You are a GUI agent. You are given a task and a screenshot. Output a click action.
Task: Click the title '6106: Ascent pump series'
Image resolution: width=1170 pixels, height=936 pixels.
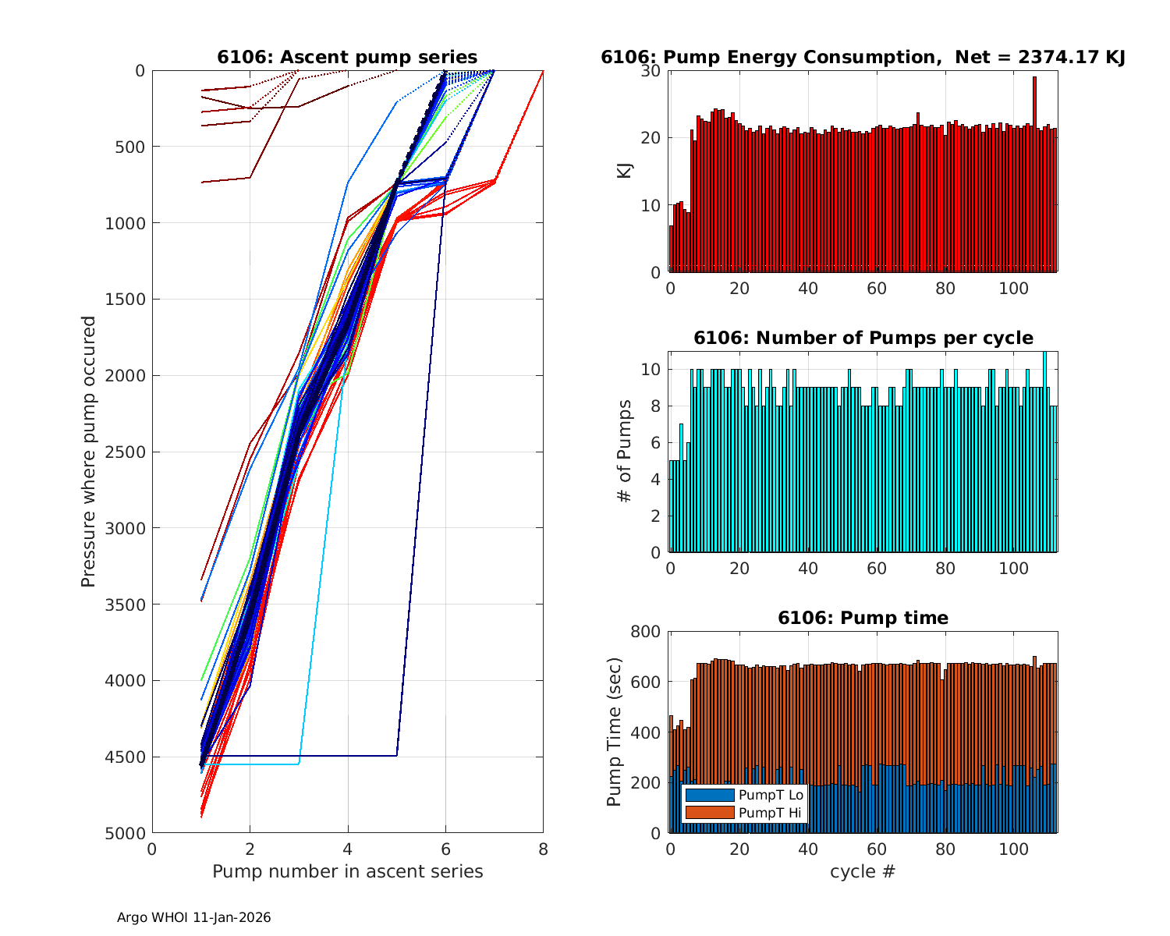tap(347, 57)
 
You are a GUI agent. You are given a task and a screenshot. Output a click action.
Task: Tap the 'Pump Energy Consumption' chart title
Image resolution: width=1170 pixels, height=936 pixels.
tap(863, 57)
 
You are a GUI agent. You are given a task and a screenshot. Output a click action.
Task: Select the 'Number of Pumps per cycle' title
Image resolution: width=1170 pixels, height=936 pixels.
tap(863, 338)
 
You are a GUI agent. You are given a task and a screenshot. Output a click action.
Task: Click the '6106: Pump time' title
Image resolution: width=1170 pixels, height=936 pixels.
tap(863, 618)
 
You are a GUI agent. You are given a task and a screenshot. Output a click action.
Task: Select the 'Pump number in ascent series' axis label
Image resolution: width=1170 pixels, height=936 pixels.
tap(347, 871)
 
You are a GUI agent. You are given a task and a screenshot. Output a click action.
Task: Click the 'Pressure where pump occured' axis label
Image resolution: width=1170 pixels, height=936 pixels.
tap(88, 452)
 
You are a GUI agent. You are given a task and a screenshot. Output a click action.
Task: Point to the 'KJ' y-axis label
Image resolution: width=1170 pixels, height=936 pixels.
tap(625, 171)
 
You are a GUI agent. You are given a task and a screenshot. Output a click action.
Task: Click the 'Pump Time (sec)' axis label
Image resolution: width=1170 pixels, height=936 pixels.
tap(615, 732)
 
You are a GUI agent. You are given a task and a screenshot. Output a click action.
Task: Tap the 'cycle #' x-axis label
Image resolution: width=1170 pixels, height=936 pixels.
tap(863, 871)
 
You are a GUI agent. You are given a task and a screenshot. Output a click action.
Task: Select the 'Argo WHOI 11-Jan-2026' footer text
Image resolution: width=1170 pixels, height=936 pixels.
tap(193, 918)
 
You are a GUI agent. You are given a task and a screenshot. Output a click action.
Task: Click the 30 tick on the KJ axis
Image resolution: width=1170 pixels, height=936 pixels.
tap(651, 71)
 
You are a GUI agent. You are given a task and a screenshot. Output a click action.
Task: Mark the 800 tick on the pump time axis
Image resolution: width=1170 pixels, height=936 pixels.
tap(644, 632)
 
